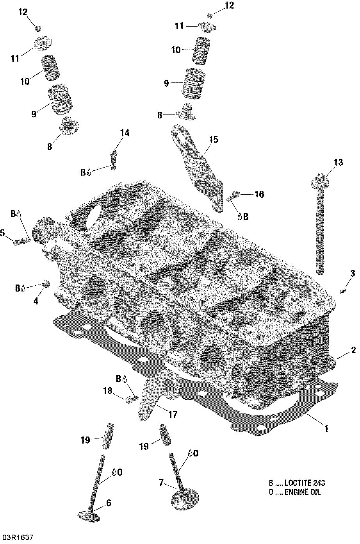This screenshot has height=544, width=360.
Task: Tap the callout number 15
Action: (214, 140)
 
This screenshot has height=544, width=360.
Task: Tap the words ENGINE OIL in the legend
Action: (303, 492)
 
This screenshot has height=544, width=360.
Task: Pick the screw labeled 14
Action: (114, 160)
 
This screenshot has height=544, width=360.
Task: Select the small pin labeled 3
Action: (342, 290)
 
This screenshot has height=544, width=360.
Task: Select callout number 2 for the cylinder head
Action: (353, 350)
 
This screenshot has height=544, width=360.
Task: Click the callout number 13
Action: (338, 162)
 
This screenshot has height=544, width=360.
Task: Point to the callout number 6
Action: (109, 503)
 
